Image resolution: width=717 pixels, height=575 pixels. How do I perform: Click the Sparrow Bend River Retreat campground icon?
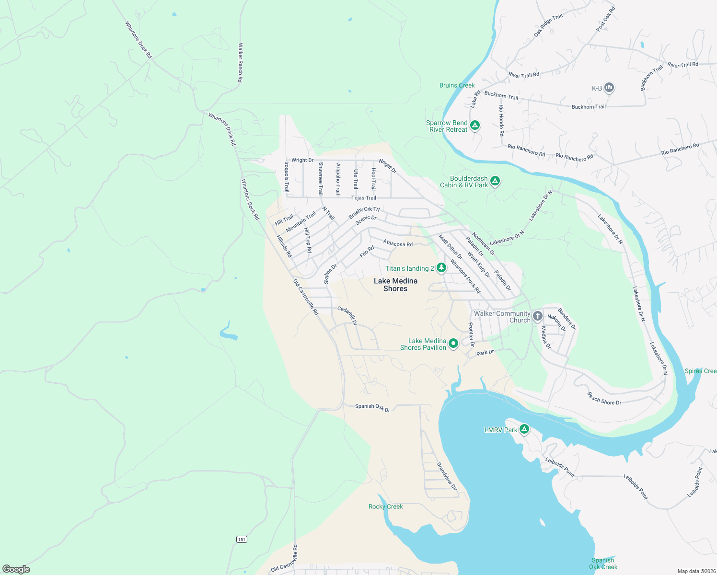tap(474, 126)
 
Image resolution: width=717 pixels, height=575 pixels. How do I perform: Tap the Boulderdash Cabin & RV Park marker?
tap(495, 181)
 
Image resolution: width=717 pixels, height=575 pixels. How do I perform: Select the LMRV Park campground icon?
tap(524, 429)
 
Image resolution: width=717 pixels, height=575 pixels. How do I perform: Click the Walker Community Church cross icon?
tap(538, 316)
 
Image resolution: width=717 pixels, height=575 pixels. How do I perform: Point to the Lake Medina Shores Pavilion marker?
tap(453, 344)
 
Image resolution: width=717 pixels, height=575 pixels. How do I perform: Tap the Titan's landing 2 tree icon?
tap(441, 268)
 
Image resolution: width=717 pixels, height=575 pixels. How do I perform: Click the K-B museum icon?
tap(609, 88)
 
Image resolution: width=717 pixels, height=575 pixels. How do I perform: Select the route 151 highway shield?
tap(242, 540)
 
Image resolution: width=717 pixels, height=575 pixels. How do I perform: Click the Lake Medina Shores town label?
tap(395, 285)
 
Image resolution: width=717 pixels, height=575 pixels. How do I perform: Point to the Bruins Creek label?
tap(457, 85)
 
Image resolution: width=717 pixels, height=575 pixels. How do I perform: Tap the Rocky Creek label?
tap(385, 506)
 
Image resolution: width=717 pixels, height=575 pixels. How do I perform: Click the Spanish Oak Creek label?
tap(603, 563)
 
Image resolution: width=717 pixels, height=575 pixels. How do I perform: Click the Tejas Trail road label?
tap(364, 198)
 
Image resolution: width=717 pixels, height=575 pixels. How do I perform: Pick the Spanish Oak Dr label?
tap(372, 407)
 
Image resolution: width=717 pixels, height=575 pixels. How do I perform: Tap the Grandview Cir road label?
tap(447, 476)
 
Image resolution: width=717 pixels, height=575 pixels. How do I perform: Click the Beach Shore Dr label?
tap(604, 399)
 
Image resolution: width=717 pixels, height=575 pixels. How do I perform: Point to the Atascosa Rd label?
tap(398, 244)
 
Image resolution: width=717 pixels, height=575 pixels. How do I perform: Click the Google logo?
tap(16, 569)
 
